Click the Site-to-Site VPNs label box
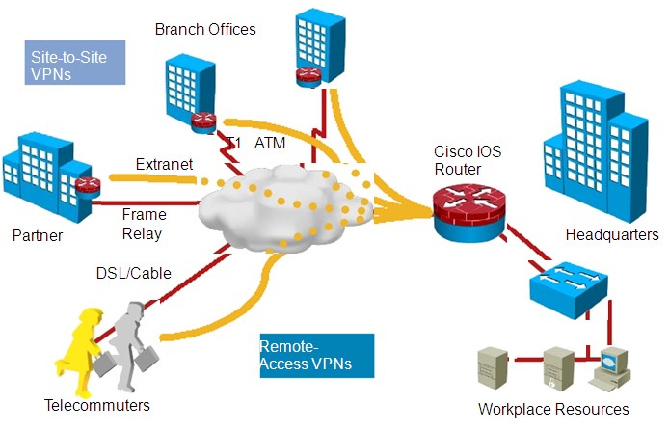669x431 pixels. [x=74, y=65]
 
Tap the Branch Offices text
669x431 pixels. [x=205, y=29]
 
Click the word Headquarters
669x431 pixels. [x=612, y=234]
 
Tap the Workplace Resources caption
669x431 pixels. [x=552, y=409]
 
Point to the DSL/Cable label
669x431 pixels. [x=133, y=273]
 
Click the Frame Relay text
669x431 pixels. [x=145, y=224]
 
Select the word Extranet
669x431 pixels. [x=164, y=164]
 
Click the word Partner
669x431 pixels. [x=38, y=234]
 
